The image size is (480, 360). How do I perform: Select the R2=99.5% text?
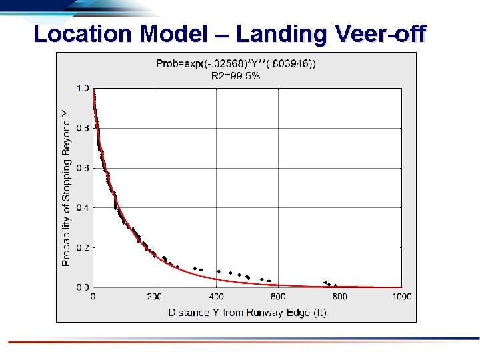coord(235,76)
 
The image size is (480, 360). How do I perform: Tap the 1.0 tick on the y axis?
coord(83,88)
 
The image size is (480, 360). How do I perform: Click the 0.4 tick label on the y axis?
coord(83,207)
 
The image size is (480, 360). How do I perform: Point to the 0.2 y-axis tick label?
coord(83,247)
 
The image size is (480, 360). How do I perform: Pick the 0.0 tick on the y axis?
coord(83,287)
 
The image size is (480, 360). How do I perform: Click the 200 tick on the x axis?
coord(154,297)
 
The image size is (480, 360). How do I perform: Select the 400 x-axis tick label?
coord(216,297)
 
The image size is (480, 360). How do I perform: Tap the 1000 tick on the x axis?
coord(401,297)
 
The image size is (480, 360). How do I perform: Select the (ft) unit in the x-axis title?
coord(319,312)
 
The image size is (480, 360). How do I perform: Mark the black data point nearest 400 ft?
coord(218,271)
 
